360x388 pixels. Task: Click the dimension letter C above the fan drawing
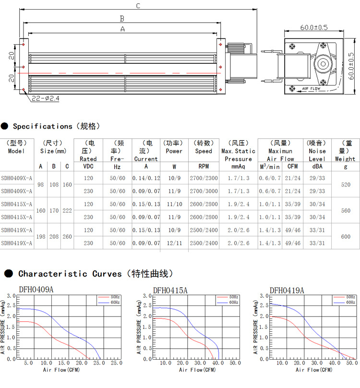tap(138, 6)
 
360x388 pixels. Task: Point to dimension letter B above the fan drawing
tap(122, 19)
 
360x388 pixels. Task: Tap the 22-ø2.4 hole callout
tap(46, 98)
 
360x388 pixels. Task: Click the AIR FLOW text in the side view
tap(311, 88)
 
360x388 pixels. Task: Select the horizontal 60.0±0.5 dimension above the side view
tap(314, 27)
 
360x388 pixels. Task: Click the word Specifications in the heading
tap(43, 126)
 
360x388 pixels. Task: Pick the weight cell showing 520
tap(346, 184)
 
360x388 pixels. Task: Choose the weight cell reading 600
tap(346, 237)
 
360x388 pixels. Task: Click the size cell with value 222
tap(67, 211)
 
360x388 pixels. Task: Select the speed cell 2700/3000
tap(204, 191)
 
